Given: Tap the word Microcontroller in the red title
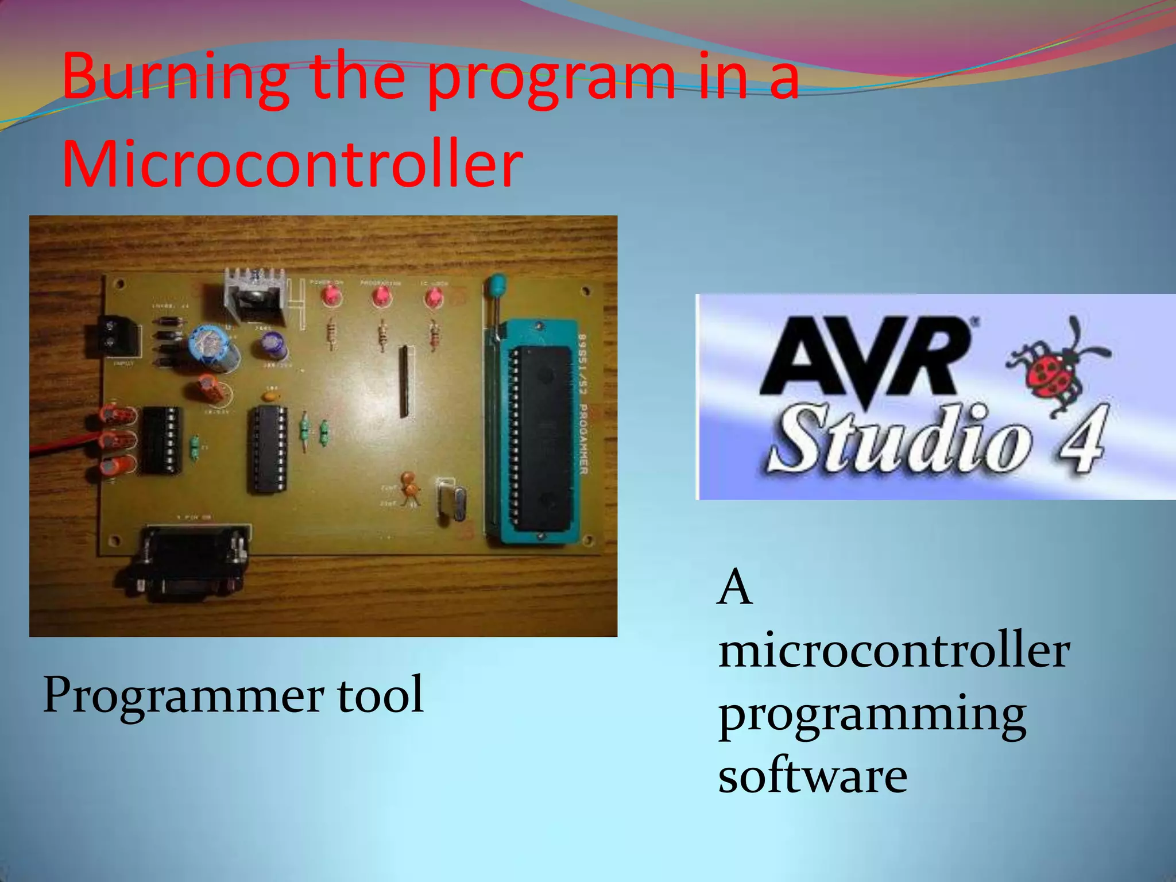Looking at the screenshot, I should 292,164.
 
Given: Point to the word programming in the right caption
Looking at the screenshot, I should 872,715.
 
